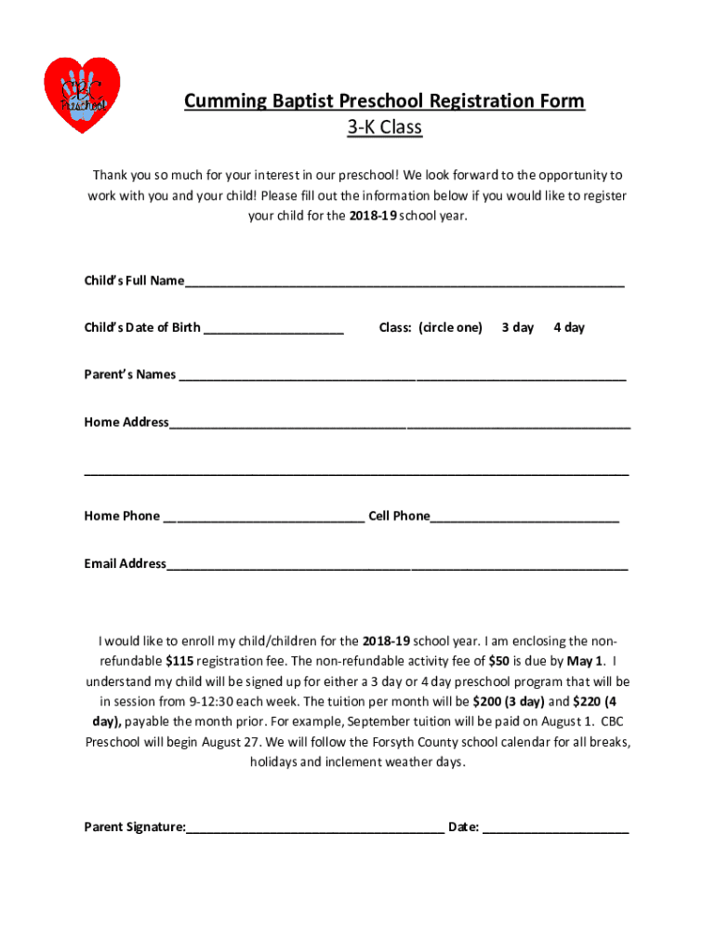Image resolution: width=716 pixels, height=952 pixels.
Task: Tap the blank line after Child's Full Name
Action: point(404,283)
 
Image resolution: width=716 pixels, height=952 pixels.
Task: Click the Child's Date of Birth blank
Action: point(273,329)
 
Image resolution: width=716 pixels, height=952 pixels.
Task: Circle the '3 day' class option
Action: point(518,327)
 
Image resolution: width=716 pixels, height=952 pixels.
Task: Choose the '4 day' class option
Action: point(569,327)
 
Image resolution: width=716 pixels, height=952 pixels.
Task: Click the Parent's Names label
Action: point(130,375)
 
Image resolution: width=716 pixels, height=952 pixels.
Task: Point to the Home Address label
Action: point(126,422)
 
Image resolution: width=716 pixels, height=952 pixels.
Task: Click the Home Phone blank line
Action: point(264,518)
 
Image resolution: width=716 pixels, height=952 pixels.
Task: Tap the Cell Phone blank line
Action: point(524,518)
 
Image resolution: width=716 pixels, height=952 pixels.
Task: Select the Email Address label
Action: point(125,563)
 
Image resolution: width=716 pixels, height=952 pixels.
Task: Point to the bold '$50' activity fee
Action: point(498,662)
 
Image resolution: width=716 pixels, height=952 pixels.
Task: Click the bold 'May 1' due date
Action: point(585,662)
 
